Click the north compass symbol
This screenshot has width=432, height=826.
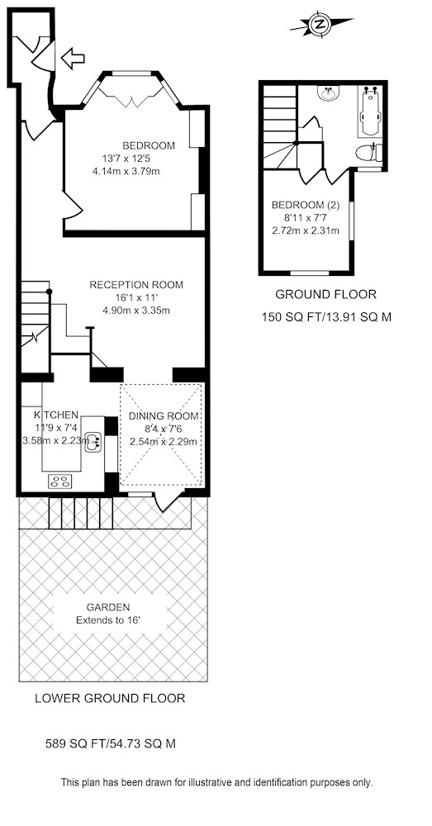tap(320, 24)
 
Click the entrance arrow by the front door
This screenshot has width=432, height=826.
tap(73, 58)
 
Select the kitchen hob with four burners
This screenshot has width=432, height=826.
tap(60, 481)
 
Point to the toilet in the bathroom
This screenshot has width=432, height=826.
tap(369, 154)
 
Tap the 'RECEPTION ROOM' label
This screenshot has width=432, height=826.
tap(136, 285)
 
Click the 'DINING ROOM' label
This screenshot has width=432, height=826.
tap(164, 416)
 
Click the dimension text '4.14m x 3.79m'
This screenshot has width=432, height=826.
tap(126, 170)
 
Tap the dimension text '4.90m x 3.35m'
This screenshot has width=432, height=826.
tap(136, 311)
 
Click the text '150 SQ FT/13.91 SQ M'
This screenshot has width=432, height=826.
tap(326, 317)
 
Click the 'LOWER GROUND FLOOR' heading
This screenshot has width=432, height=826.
tap(110, 699)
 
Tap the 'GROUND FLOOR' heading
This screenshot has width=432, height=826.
tap(326, 295)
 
